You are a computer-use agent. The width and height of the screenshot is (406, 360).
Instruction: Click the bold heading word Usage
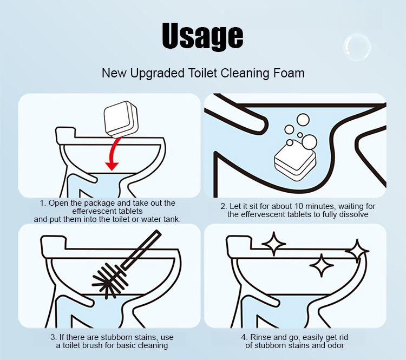pos(202,36)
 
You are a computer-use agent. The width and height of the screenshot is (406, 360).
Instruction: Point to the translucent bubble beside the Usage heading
pos(357,47)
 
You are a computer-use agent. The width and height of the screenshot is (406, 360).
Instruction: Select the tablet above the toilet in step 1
pos(121,119)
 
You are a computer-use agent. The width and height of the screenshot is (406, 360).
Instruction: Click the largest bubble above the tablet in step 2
pos(310,142)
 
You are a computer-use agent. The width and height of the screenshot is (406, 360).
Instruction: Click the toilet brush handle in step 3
pos(141,250)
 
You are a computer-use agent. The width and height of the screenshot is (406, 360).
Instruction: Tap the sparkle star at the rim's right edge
pos(357,251)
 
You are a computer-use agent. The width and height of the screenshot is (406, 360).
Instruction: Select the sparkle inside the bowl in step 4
pos(322,265)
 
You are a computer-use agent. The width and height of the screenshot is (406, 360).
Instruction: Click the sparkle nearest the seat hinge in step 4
pos(274,244)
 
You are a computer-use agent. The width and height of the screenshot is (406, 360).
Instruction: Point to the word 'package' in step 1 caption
pos(100,203)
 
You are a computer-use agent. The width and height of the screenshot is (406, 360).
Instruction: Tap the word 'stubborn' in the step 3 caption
pos(117,337)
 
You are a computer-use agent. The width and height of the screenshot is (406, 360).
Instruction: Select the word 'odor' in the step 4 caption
pos(336,345)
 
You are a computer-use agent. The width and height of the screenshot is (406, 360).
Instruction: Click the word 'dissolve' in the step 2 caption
pos(353,214)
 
